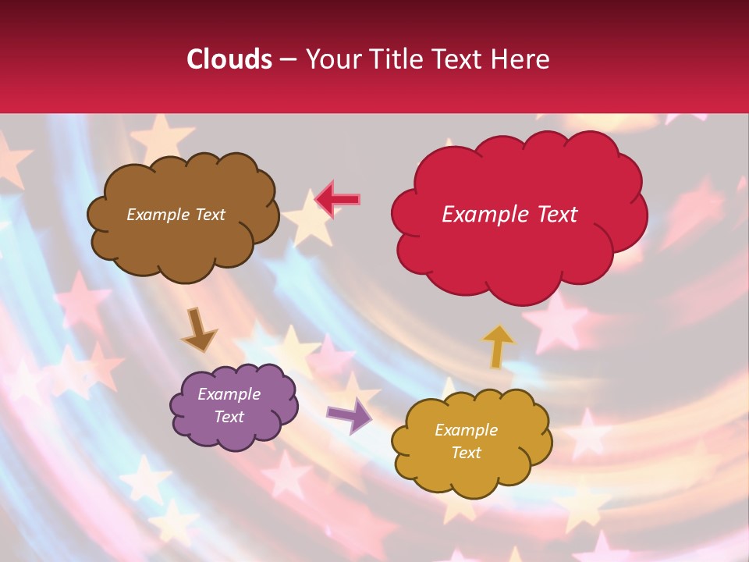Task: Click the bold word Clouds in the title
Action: pos(229,59)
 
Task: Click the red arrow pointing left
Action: pos(337,199)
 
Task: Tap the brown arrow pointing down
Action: pos(198,330)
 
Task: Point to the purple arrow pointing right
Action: pos(349,415)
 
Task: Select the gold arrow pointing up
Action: pos(498,346)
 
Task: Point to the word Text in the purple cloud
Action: pos(229,417)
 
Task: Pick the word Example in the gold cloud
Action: pos(466,430)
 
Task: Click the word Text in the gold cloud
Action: pos(466,453)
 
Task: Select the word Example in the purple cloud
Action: pos(229,394)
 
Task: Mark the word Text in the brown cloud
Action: pos(209,215)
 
